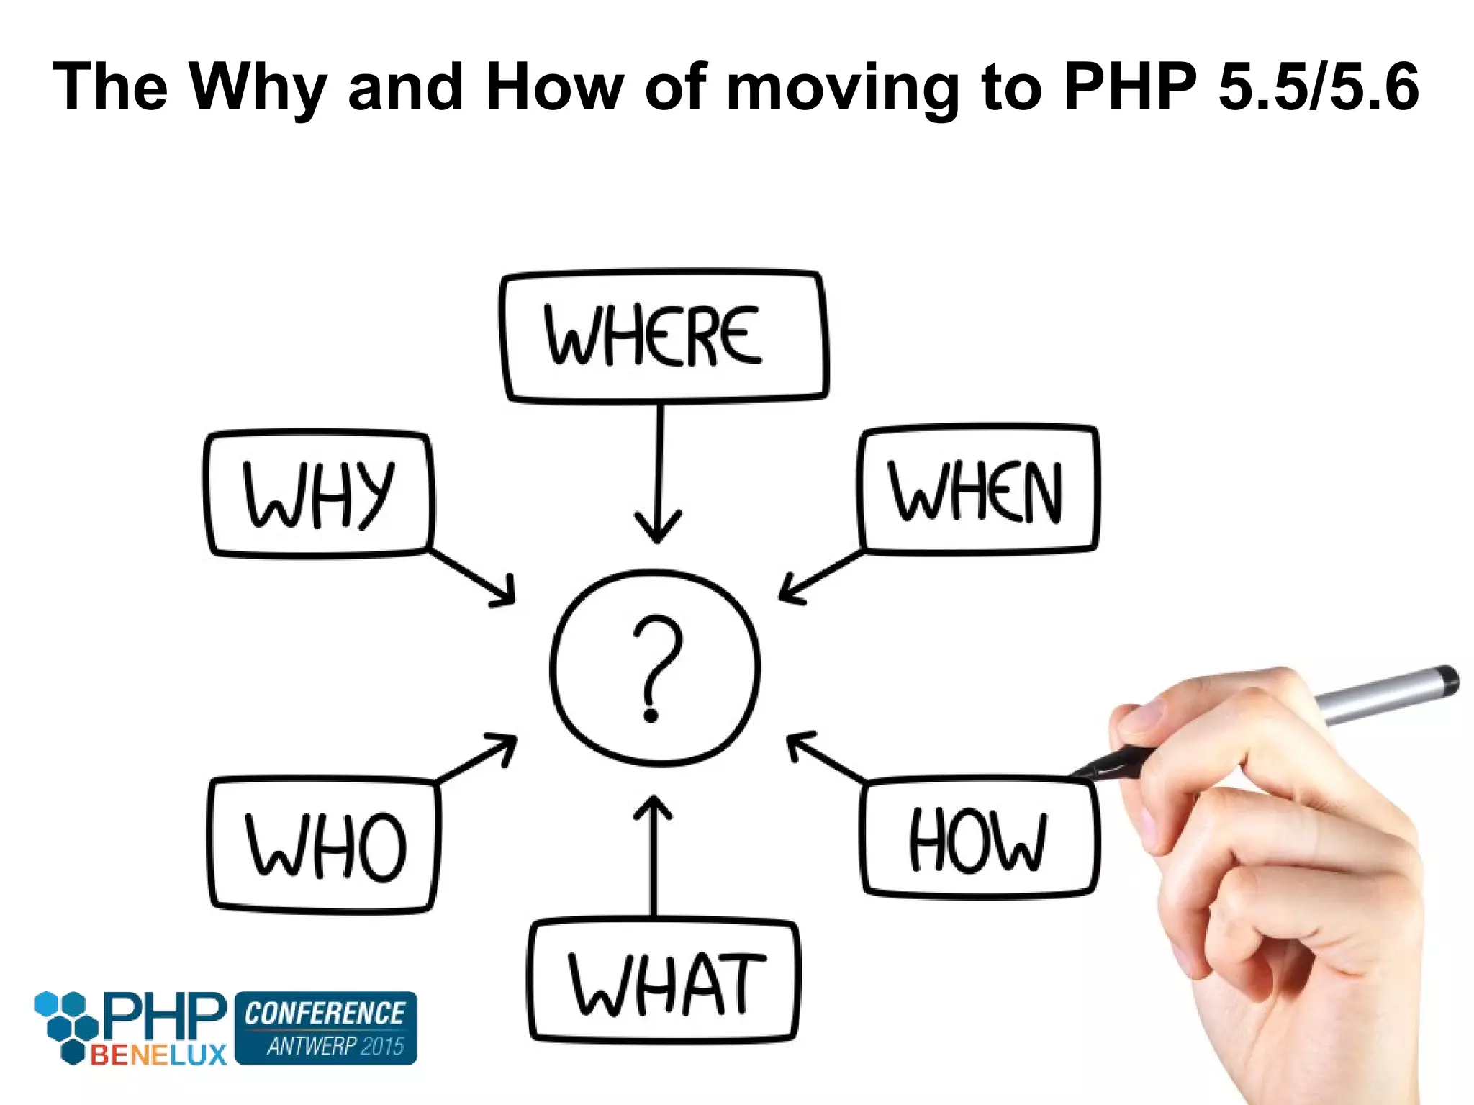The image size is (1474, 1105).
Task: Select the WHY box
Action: point(318,494)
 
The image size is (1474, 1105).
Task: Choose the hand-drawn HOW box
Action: point(979,839)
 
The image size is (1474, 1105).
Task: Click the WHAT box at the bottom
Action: point(664,982)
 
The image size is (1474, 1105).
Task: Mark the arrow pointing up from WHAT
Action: point(654,857)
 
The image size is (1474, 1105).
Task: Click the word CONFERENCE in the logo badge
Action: point(325,1014)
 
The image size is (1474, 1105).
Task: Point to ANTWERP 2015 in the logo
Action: point(335,1045)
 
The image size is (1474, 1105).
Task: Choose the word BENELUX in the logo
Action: point(158,1055)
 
